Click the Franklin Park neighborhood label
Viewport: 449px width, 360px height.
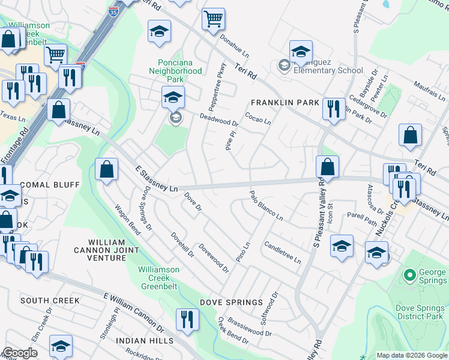click(x=285, y=103)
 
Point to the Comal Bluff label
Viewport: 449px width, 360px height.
click(x=49, y=184)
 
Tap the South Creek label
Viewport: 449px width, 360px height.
click(x=49, y=300)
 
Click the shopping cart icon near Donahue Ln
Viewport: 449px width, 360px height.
click(x=213, y=19)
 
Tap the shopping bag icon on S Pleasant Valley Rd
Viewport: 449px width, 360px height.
click(x=327, y=166)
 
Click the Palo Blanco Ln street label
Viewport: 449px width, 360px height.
click(x=266, y=206)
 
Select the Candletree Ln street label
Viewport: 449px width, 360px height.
click(x=282, y=253)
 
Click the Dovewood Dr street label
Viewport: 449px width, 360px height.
click(x=214, y=259)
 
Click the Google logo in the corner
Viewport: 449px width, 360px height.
click(x=20, y=353)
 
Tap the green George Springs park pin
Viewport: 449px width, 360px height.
click(x=410, y=276)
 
